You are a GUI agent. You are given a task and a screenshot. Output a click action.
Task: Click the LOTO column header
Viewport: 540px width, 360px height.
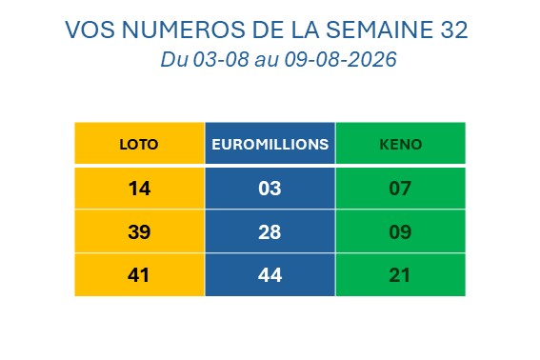point(139,145)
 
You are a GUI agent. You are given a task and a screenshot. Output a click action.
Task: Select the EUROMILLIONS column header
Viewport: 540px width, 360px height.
point(270,145)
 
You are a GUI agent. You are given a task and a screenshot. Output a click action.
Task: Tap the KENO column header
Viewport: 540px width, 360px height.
point(401,145)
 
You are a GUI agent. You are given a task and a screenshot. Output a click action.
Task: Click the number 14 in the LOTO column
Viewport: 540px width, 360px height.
point(139,189)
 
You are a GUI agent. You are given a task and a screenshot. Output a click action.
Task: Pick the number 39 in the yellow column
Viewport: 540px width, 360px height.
point(139,231)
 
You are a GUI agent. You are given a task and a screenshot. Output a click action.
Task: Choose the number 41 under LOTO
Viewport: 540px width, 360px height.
point(138,275)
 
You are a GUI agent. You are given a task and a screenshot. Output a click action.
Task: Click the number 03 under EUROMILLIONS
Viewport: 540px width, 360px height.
point(270,189)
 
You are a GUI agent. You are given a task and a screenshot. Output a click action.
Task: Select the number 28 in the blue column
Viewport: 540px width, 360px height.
point(270,231)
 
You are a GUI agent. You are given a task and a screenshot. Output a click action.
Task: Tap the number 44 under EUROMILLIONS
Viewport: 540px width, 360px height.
point(270,275)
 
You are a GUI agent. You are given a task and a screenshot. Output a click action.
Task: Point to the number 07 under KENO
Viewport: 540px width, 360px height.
point(400,189)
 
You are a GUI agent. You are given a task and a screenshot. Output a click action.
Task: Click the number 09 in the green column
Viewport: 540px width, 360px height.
point(400,231)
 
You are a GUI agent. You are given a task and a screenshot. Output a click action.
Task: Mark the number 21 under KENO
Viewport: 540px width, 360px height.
point(399,275)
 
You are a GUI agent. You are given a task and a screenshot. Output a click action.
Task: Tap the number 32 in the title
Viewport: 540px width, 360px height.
point(454,30)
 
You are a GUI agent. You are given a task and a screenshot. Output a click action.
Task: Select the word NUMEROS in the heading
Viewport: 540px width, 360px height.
point(184,30)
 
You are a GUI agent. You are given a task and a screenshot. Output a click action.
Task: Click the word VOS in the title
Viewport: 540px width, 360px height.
point(90,30)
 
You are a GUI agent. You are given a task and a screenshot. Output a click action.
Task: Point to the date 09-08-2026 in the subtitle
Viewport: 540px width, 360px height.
point(341,59)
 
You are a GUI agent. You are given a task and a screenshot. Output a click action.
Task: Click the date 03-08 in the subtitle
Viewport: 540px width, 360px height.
point(221,59)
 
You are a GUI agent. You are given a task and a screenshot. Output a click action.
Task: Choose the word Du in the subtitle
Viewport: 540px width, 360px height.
point(174,59)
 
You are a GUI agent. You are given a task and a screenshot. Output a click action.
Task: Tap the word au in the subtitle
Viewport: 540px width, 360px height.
point(267,61)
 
